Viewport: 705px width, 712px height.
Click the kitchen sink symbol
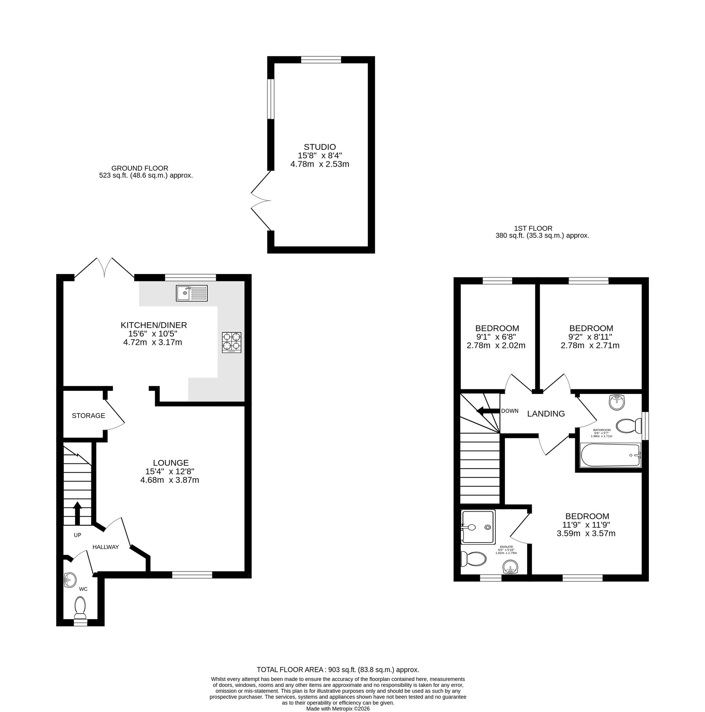tap(191, 293)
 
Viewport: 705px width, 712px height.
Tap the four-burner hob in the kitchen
tap(231, 342)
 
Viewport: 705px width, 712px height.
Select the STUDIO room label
tap(319, 147)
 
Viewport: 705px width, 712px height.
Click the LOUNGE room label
tap(171, 462)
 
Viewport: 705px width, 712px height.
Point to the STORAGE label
tap(88, 416)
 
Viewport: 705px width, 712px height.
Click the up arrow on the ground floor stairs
tap(77, 513)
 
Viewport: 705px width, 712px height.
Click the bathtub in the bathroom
tap(611, 455)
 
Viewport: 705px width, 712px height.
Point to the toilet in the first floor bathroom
tap(629, 426)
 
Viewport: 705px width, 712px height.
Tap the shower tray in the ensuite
tap(478, 527)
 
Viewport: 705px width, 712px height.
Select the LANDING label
tap(546, 414)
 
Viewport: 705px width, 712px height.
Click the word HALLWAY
tap(106, 547)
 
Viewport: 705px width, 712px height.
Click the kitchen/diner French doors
tap(105, 267)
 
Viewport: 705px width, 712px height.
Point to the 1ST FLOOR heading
tap(533, 229)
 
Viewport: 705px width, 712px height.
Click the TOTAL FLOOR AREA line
tap(338, 670)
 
